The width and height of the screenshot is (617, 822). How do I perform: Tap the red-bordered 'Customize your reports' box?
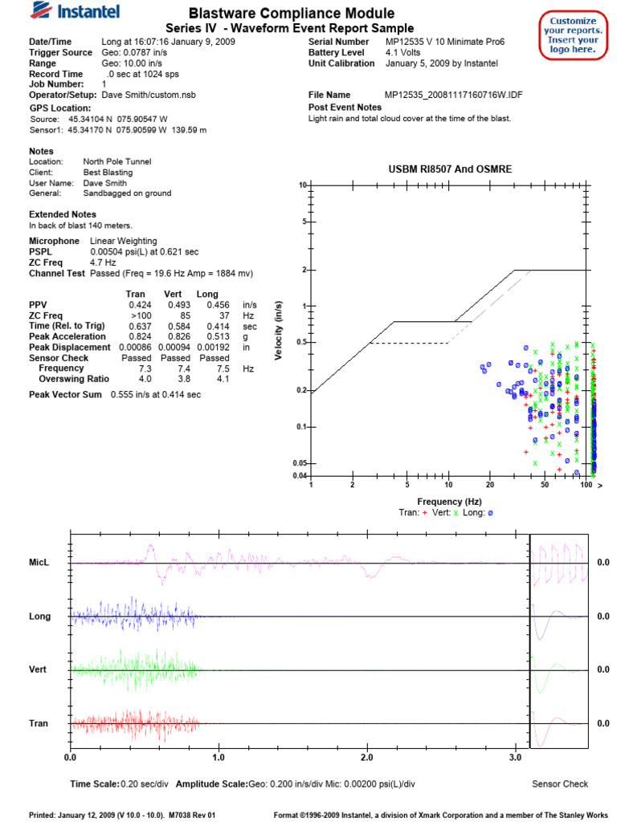573,35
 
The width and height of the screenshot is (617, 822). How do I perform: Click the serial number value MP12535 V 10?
419,41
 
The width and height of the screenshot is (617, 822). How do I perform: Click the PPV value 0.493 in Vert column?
179,305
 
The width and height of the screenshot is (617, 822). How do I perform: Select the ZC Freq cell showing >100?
140,315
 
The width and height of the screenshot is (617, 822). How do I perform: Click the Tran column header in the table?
136,295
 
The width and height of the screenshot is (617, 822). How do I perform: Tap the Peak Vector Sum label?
65,394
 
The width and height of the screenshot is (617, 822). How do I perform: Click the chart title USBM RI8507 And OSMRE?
450,169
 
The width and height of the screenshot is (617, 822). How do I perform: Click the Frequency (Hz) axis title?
449,501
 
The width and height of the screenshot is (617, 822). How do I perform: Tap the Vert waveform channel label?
39,669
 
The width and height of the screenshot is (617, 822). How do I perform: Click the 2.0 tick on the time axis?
366,757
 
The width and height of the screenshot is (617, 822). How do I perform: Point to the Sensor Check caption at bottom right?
559,783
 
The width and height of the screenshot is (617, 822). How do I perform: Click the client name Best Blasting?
108,172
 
